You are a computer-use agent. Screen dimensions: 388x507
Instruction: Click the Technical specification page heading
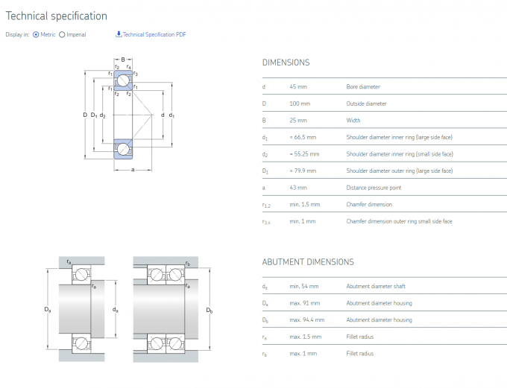point(57,16)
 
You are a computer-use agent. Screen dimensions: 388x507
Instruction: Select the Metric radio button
point(36,34)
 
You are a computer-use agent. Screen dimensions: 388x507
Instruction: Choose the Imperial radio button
point(62,34)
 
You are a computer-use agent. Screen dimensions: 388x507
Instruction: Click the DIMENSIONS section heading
point(286,63)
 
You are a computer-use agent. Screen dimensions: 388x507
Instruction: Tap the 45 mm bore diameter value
point(298,87)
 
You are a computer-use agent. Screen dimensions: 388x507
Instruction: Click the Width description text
point(353,121)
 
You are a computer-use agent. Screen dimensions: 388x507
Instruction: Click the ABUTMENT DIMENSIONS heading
point(308,262)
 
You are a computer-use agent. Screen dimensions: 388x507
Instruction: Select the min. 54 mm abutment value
point(303,286)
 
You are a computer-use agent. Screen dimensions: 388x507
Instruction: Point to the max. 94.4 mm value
point(306,319)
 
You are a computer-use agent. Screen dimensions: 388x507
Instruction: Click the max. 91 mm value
point(304,303)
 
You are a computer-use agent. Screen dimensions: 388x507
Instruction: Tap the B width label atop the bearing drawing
point(123,60)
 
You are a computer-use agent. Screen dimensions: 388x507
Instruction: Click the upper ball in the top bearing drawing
point(122,80)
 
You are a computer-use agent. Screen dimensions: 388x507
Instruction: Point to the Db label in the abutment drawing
point(210,310)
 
